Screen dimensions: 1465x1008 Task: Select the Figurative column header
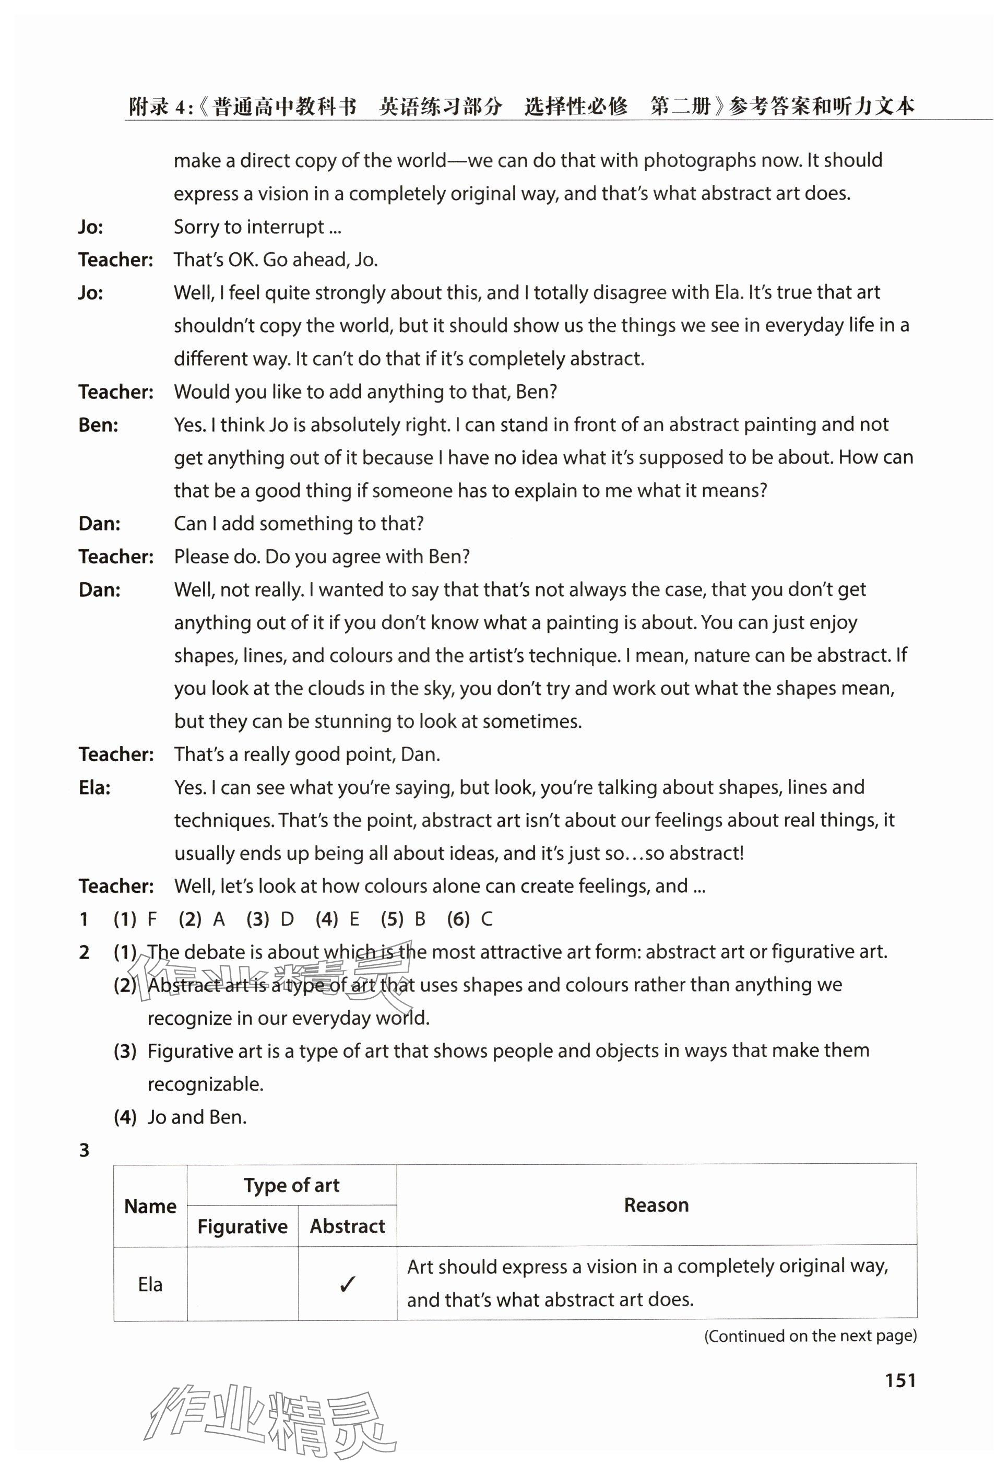tap(243, 1226)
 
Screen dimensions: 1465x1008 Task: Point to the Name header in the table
tap(150, 1206)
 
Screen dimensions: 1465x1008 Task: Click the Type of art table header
tap(292, 1185)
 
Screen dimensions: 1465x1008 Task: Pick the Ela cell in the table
tap(150, 1284)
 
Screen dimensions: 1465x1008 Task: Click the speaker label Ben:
tap(99, 424)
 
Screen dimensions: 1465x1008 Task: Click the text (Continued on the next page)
tap(810, 1336)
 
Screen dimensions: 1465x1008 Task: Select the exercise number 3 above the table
tap(84, 1150)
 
